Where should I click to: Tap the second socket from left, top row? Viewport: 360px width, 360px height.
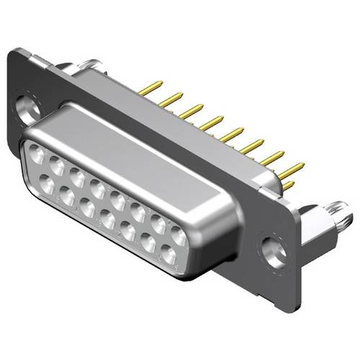coord(56,163)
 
